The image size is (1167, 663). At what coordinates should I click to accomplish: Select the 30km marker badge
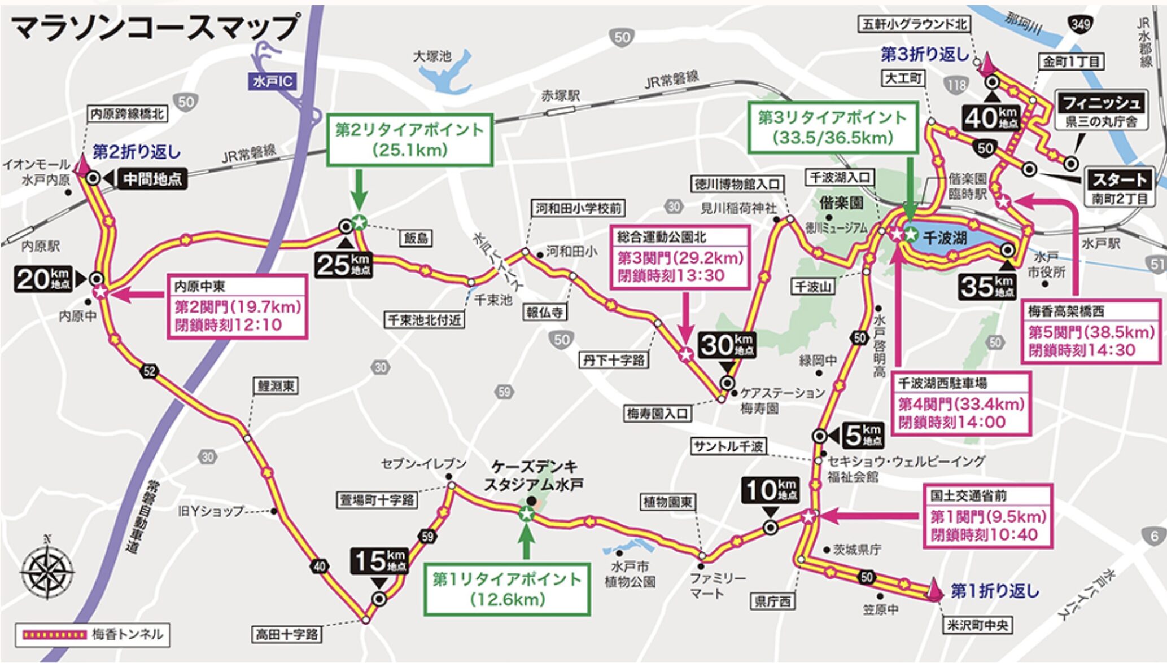point(727,345)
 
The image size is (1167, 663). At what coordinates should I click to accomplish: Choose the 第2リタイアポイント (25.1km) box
point(409,139)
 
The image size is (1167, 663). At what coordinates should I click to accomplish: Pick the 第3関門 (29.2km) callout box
point(680,257)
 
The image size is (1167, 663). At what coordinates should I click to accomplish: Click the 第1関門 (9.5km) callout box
point(988,516)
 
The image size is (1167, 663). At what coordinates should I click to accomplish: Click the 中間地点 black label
point(152,179)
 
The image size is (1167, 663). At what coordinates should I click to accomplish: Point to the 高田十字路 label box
point(286,634)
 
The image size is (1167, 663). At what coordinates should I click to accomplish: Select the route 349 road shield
point(1079,24)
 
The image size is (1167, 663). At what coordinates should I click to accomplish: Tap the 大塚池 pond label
point(432,56)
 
